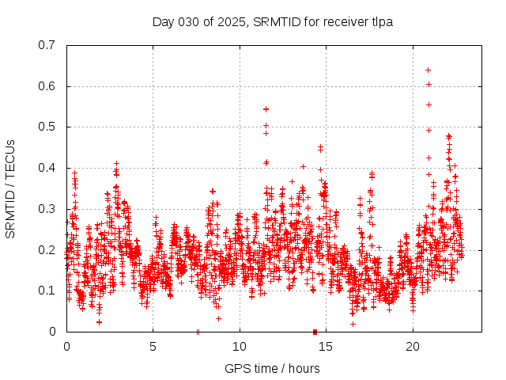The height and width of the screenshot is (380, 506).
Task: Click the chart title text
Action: point(273,21)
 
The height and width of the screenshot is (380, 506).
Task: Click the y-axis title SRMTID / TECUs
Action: point(10,188)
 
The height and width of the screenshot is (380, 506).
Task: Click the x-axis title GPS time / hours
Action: point(272,368)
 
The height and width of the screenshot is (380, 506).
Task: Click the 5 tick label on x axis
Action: point(153,347)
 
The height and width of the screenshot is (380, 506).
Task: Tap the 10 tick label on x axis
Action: point(240,347)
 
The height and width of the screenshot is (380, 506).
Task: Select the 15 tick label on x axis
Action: point(326,347)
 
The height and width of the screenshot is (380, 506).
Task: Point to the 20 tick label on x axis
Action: point(412,347)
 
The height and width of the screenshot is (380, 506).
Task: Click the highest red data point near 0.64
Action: point(428,70)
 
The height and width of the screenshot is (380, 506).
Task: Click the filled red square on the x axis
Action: point(315,332)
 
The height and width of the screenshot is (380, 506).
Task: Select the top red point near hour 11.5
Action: point(266,108)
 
